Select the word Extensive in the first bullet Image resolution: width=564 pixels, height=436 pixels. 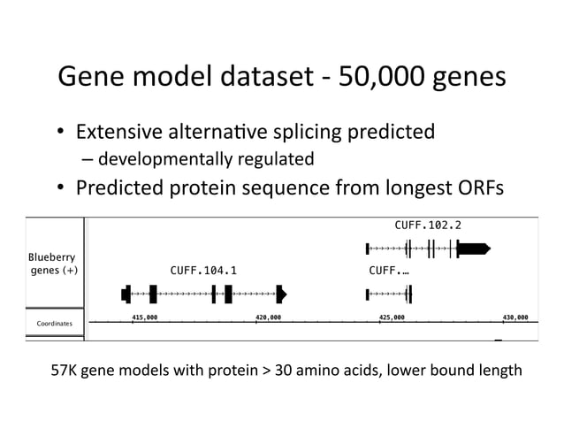pos(118,133)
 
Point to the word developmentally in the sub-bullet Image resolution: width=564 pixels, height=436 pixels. pos(159,160)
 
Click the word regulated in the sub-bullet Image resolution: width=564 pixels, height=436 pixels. pos(271,160)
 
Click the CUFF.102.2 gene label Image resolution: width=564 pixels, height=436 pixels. pos(428,226)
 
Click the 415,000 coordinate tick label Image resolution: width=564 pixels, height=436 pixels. pos(144,316)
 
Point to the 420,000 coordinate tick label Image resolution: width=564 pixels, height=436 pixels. pos(268,316)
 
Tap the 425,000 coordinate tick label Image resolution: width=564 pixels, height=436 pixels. pos(391,316)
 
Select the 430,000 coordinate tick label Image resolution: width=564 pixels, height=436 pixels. pos(514,316)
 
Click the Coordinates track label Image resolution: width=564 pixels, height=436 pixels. pos(54,325)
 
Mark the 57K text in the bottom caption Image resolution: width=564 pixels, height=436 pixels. pos(70,370)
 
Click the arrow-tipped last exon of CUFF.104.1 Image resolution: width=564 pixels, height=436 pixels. pos(282,293)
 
